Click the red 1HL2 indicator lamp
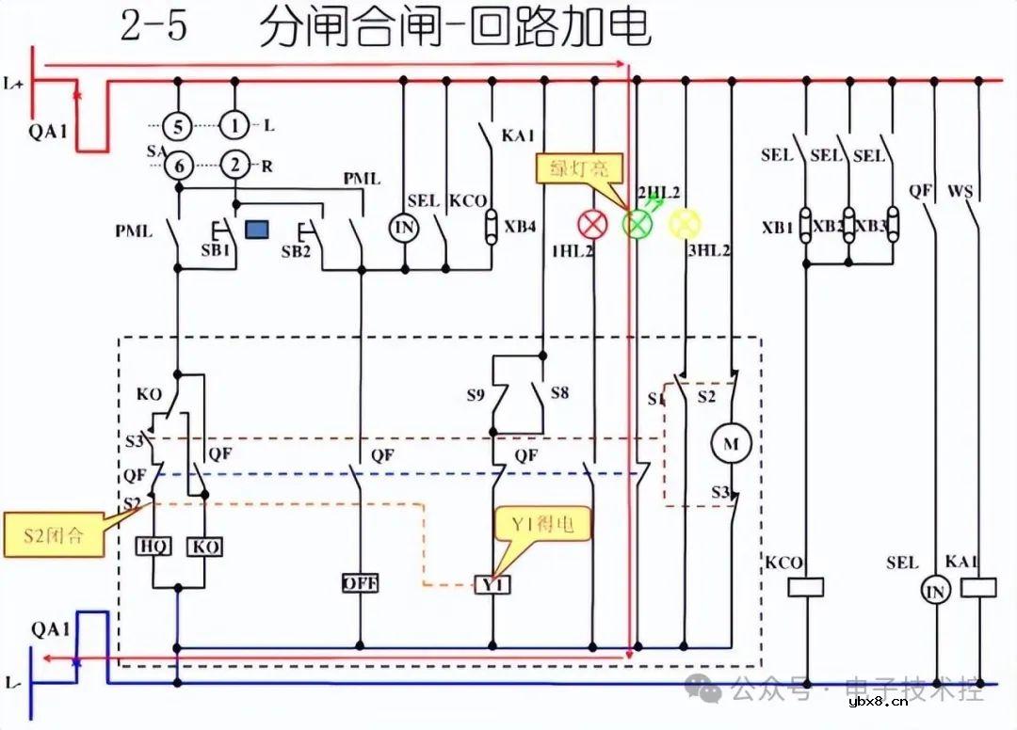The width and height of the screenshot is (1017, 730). (593, 223)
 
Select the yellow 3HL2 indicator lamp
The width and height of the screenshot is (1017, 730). (685, 223)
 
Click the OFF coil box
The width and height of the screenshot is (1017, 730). (360, 583)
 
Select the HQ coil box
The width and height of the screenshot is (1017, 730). (154, 547)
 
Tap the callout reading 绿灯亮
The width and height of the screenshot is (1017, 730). (574, 168)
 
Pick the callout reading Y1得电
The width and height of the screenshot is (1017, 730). (544, 524)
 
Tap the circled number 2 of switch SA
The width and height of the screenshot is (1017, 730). (234, 166)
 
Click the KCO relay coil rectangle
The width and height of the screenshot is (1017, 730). (805, 588)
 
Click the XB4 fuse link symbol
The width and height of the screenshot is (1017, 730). (491, 227)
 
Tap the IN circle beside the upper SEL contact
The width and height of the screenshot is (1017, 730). (403, 227)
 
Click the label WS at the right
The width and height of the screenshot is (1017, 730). (960, 191)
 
